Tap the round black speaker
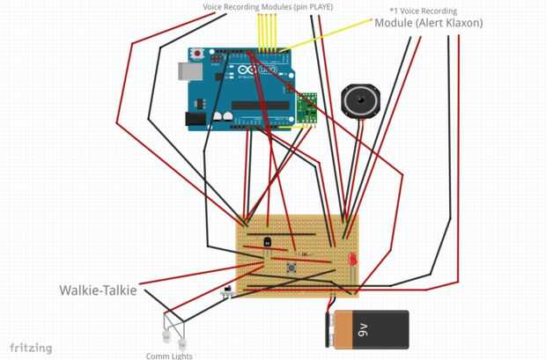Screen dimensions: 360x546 tap(360, 102)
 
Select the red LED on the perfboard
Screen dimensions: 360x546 tap(351, 261)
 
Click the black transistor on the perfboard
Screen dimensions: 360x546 tap(268, 239)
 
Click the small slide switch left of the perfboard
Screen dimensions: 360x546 tap(230, 290)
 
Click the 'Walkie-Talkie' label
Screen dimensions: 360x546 tap(98, 290)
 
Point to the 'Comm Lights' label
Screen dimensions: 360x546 tap(169, 356)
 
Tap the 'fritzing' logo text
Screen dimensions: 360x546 tap(26, 348)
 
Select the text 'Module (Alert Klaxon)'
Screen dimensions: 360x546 tap(429, 23)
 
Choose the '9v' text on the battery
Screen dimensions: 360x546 tap(364, 331)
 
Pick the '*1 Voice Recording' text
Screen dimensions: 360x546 tap(424, 11)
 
